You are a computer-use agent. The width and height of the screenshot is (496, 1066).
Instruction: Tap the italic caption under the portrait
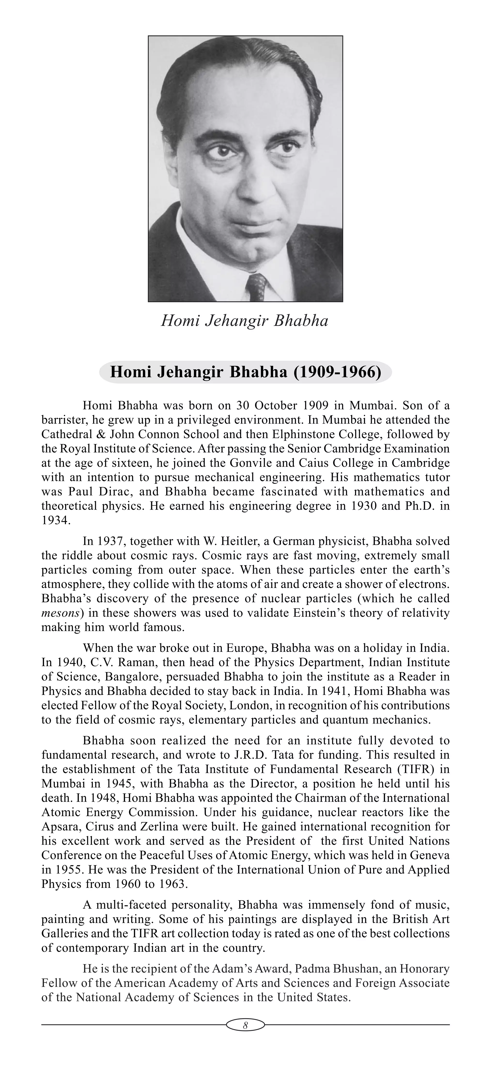[x=244, y=321]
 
